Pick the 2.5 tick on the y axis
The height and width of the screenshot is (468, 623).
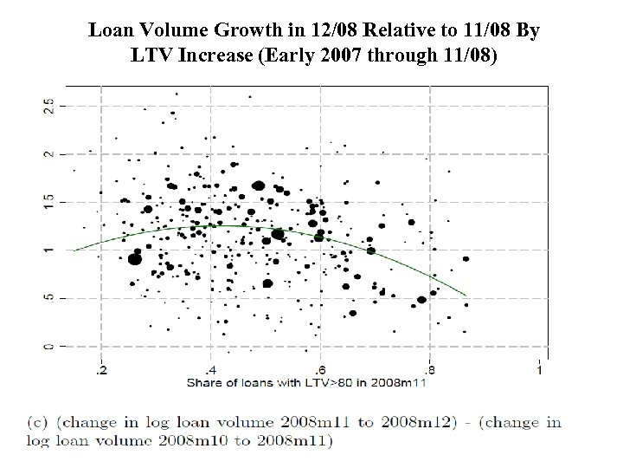[48, 106]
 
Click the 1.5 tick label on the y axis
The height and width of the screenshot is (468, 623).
[48, 201]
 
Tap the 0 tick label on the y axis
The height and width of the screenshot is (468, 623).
[48, 347]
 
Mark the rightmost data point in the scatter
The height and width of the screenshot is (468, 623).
[466, 258]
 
